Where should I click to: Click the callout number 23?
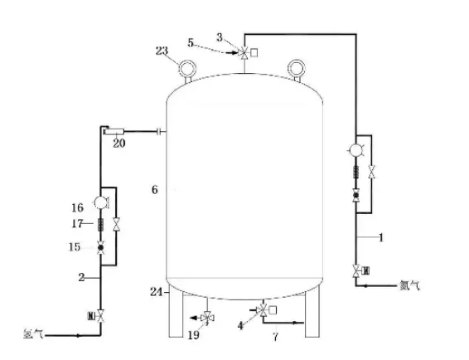[x=162, y=51]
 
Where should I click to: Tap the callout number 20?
[x=118, y=144]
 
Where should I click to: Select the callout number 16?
[x=77, y=207]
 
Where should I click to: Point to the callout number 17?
[x=77, y=223]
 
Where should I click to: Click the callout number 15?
[x=75, y=247]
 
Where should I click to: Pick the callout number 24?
[x=156, y=291]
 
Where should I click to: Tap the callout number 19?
[x=194, y=335]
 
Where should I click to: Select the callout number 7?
[x=275, y=337]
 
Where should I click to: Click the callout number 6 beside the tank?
[x=154, y=190]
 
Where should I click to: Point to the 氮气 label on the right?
[x=410, y=285]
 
